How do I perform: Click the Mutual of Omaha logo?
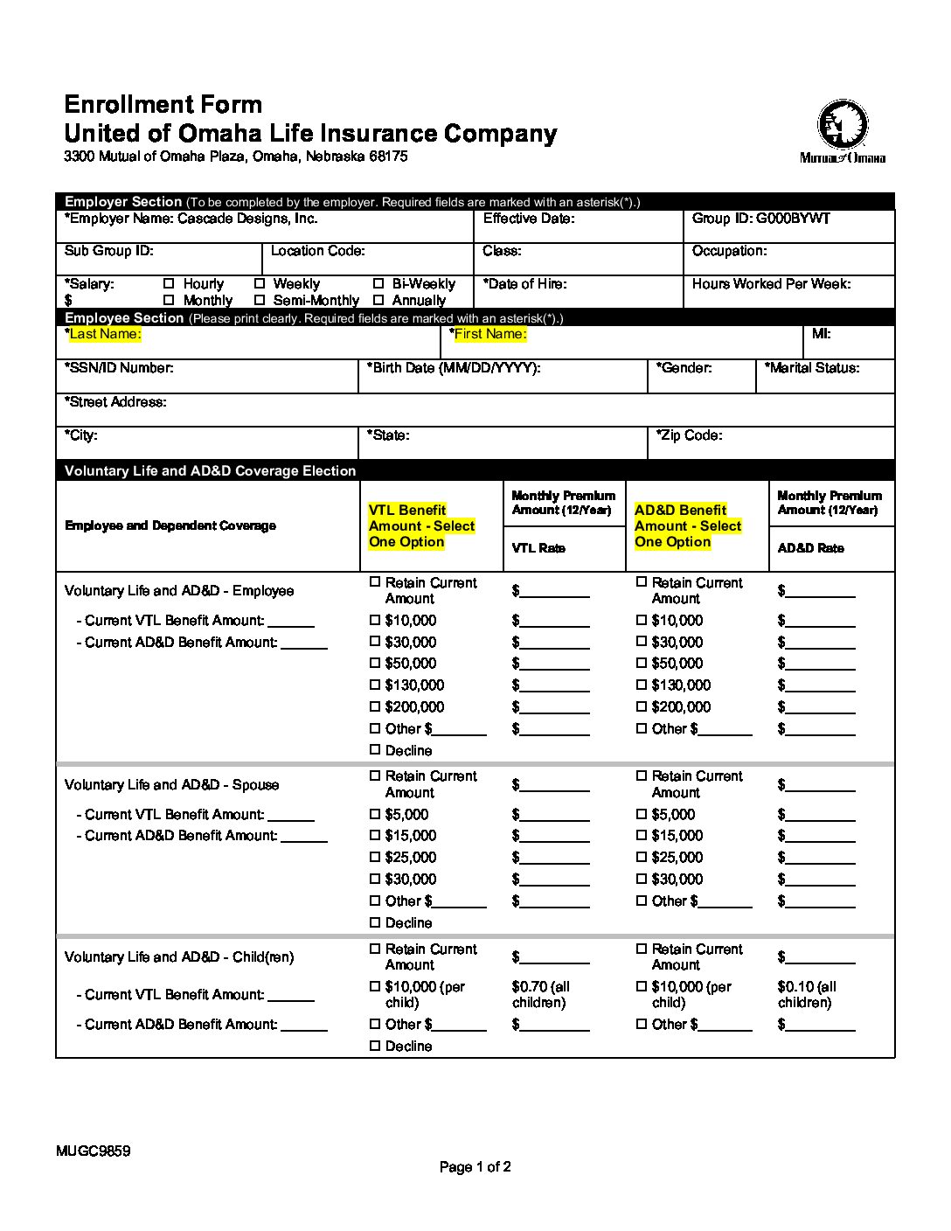(x=843, y=131)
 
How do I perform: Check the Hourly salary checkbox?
(x=169, y=284)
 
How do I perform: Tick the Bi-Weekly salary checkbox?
(x=378, y=284)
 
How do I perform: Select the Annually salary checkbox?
(x=378, y=301)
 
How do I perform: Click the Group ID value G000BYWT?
(x=793, y=219)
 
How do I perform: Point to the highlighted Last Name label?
(x=105, y=334)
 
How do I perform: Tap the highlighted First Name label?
(x=490, y=334)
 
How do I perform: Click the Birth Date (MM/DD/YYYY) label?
(x=455, y=368)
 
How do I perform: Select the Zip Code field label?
(x=690, y=435)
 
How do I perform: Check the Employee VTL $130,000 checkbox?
(x=375, y=685)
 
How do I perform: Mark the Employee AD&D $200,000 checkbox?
(x=642, y=707)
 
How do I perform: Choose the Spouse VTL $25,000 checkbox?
(x=375, y=858)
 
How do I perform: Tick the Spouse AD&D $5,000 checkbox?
(x=642, y=815)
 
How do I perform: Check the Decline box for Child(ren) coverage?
(x=375, y=1047)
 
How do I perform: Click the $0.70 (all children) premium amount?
(x=540, y=995)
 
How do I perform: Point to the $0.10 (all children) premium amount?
(x=806, y=995)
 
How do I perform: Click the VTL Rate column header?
(x=538, y=548)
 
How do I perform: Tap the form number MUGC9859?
(x=94, y=1151)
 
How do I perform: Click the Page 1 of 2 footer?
(x=475, y=1167)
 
